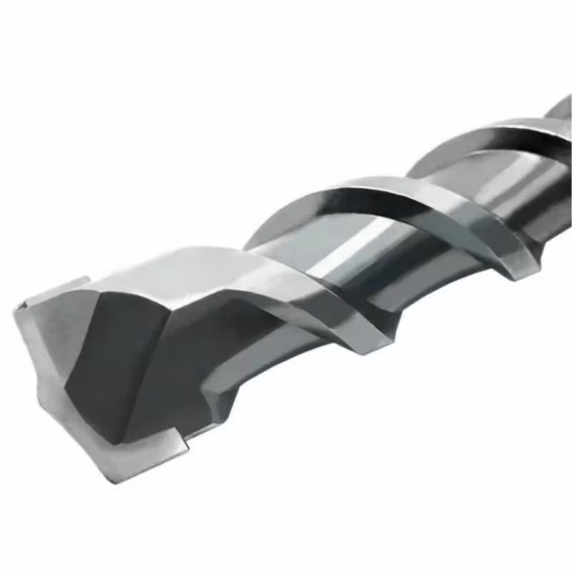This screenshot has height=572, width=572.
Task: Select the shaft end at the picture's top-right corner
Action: click(561, 107)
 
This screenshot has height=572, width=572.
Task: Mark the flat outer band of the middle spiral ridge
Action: click(429, 207)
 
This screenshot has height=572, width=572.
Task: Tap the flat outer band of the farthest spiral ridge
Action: click(529, 143)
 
